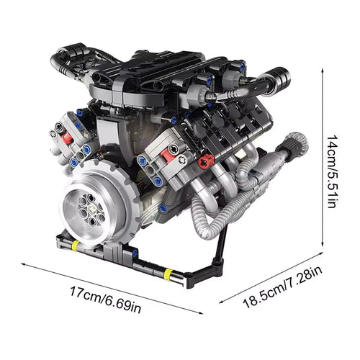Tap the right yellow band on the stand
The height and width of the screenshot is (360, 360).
click(x=168, y=274)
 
